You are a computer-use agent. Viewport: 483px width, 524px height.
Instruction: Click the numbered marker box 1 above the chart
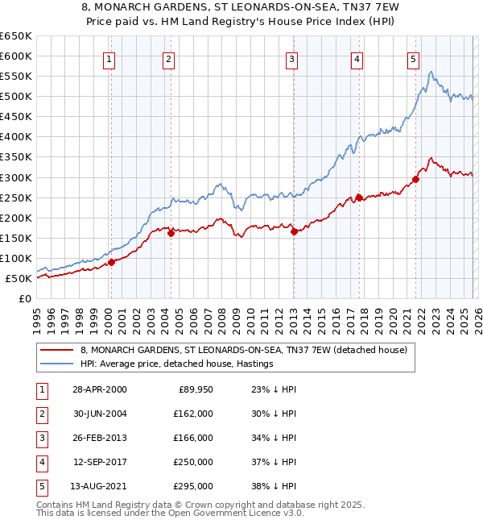pos(109,59)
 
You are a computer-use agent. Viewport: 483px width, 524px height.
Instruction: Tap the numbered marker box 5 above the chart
pos(412,59)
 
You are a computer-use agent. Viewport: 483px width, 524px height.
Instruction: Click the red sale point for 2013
pos(294,231)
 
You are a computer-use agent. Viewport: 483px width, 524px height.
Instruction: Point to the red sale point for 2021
pos(416,179)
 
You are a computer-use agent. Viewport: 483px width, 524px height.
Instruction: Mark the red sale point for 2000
pos(112,262)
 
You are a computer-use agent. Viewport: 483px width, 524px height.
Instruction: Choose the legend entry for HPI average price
pos(177,364)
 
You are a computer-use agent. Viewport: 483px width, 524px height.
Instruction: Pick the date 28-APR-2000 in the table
pos(100,389)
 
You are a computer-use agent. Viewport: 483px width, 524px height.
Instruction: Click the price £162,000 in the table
pos(194,414)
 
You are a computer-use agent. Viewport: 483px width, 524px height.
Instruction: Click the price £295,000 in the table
pos(194,486)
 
